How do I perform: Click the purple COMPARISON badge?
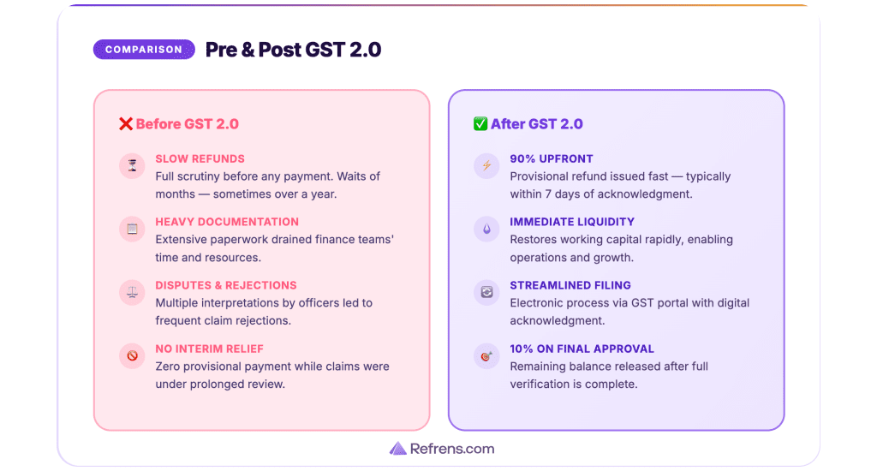point(144,50)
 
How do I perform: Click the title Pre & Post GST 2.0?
point(293,50)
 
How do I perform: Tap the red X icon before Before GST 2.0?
point(126,124)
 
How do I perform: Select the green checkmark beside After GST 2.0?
point(480,124)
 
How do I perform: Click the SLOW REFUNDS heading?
point(200,158)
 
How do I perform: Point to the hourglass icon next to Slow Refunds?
point(132,166)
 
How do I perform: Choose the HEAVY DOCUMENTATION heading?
point(227,222)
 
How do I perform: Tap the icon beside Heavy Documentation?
point(132,230)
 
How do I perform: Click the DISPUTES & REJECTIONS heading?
point(225,285)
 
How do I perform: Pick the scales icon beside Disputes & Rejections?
point(132,293)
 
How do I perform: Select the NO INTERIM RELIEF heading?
point(209,349)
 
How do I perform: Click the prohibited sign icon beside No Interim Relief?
point(132,356)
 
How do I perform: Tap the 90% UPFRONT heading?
point(552,158)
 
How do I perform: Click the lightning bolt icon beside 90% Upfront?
point(486,166)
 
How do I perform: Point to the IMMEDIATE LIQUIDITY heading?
point(572,222)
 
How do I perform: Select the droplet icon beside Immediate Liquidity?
point(486,230)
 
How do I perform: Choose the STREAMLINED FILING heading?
point(570,285)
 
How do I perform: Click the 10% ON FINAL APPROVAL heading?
point(582,349)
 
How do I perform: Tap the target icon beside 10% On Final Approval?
point(486,356)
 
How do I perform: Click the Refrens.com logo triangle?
point(397,449)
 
